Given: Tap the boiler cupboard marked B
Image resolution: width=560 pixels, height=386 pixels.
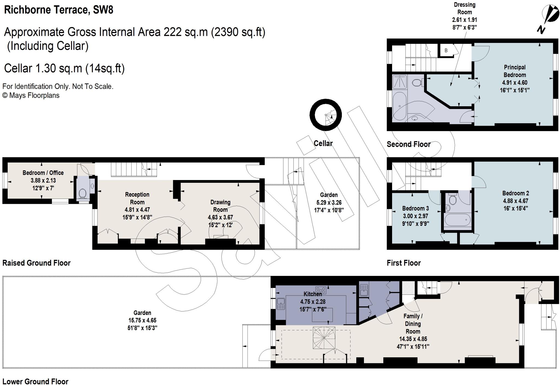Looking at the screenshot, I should pos(446,51).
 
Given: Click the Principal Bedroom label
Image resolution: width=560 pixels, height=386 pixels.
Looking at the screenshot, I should pos(515,71).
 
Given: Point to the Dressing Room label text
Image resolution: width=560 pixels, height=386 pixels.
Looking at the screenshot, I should pos(465,8).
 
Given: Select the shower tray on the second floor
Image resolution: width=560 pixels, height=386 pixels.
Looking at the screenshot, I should pos(400,82).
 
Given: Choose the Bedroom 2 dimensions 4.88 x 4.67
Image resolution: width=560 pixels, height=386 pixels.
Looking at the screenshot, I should pos(515,201).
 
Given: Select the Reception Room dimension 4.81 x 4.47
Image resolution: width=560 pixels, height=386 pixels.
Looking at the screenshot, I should pos(137,210).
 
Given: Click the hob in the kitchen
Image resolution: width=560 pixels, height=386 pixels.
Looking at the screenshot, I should pos(320,290).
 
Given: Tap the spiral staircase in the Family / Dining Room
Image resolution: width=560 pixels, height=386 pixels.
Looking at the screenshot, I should pos(324,338).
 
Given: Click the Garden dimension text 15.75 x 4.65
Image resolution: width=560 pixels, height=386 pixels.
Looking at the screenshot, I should pos(142,320).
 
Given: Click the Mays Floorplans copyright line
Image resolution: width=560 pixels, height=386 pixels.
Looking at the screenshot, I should pos(31,95).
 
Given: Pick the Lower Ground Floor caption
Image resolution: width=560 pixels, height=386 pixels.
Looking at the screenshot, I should pos(35,381).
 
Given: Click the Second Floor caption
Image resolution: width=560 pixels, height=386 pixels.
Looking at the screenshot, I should pos(409,144).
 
